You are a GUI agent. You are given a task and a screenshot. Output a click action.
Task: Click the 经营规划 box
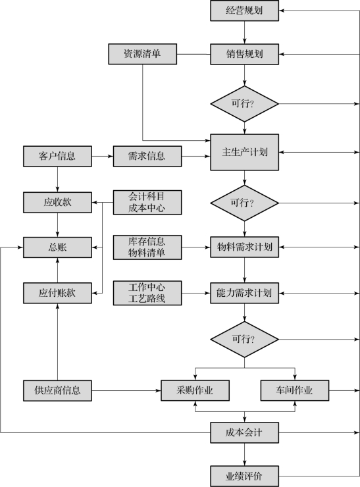coord(244,11)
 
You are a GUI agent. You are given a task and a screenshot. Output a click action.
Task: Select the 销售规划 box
coord(244,54)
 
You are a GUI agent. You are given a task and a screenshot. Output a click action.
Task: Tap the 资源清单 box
coord(143,54)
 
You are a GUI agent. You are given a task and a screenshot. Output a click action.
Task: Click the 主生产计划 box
coord(244,152)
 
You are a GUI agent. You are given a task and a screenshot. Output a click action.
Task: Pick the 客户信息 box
coord(57,156)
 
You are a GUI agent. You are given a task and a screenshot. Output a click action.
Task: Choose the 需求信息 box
coord(147,156)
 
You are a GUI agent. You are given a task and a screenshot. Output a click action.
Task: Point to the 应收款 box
coord(57,202)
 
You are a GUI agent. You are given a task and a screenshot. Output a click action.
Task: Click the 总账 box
coord(57,247)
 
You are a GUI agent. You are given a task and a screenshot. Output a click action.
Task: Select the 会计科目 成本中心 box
coord(147,202)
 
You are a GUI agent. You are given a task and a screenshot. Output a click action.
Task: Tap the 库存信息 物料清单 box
coord(147,247)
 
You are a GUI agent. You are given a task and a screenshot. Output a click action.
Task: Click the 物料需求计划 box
coord(244,247)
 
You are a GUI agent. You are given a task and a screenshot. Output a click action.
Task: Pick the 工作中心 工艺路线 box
coord(147,293)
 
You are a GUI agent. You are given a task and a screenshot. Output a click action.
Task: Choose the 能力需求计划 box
coord(244,293)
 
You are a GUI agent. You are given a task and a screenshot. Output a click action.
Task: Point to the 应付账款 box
coord(57,293)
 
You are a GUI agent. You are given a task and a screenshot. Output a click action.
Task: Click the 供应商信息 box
coord(57,390)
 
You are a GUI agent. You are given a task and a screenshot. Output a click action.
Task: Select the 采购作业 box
coord(195,390)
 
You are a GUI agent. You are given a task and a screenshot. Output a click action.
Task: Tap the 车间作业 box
coord(295,390)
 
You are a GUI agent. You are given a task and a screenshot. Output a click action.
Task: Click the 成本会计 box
coord(244,432)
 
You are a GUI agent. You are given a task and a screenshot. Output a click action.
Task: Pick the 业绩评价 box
coord(244,476)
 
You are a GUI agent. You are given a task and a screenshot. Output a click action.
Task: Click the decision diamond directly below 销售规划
coord(244,104)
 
